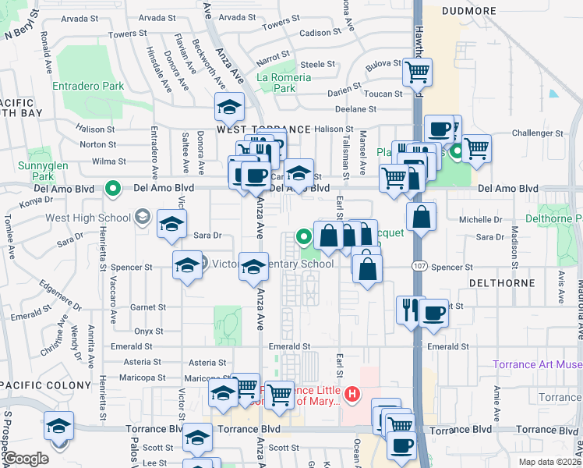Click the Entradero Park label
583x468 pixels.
coord(88,87)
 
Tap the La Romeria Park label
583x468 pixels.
coord(284,83)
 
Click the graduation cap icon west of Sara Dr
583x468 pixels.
coord(171,224)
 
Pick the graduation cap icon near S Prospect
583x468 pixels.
coord(58,426)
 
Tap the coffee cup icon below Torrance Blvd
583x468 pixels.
coord(402,447)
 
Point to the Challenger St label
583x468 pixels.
coord(532,133)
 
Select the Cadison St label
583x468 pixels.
coord(316,33)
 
